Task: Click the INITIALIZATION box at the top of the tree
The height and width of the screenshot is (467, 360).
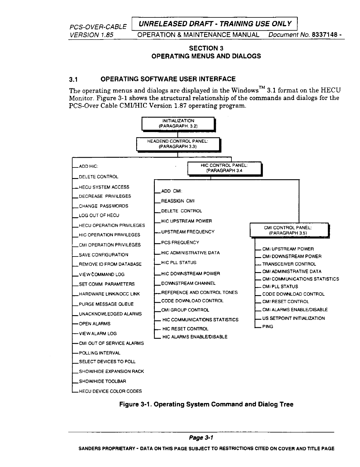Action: (x=178, y=123)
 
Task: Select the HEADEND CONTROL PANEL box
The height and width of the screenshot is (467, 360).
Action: (x=178, y=144)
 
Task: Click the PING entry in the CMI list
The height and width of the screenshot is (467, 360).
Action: (x=268, y=326)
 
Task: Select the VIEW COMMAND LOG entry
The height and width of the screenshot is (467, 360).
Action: (x=102, y=274)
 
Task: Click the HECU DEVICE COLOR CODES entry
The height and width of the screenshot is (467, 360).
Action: (x=110, y=391)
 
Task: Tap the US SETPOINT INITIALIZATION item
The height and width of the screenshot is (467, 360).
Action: (x=293, y=318)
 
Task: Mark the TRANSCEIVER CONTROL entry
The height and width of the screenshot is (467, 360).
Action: (x=289, y=264)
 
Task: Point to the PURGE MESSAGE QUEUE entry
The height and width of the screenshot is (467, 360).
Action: (x=106, y=304)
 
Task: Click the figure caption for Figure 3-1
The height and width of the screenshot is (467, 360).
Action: (x=206, y=404)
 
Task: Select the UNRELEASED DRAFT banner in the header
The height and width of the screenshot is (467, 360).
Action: (x=214, y=24)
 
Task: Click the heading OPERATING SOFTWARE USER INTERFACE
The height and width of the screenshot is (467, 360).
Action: (x=168, y=79)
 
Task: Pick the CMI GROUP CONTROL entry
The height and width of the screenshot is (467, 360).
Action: (x=185, y=310)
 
